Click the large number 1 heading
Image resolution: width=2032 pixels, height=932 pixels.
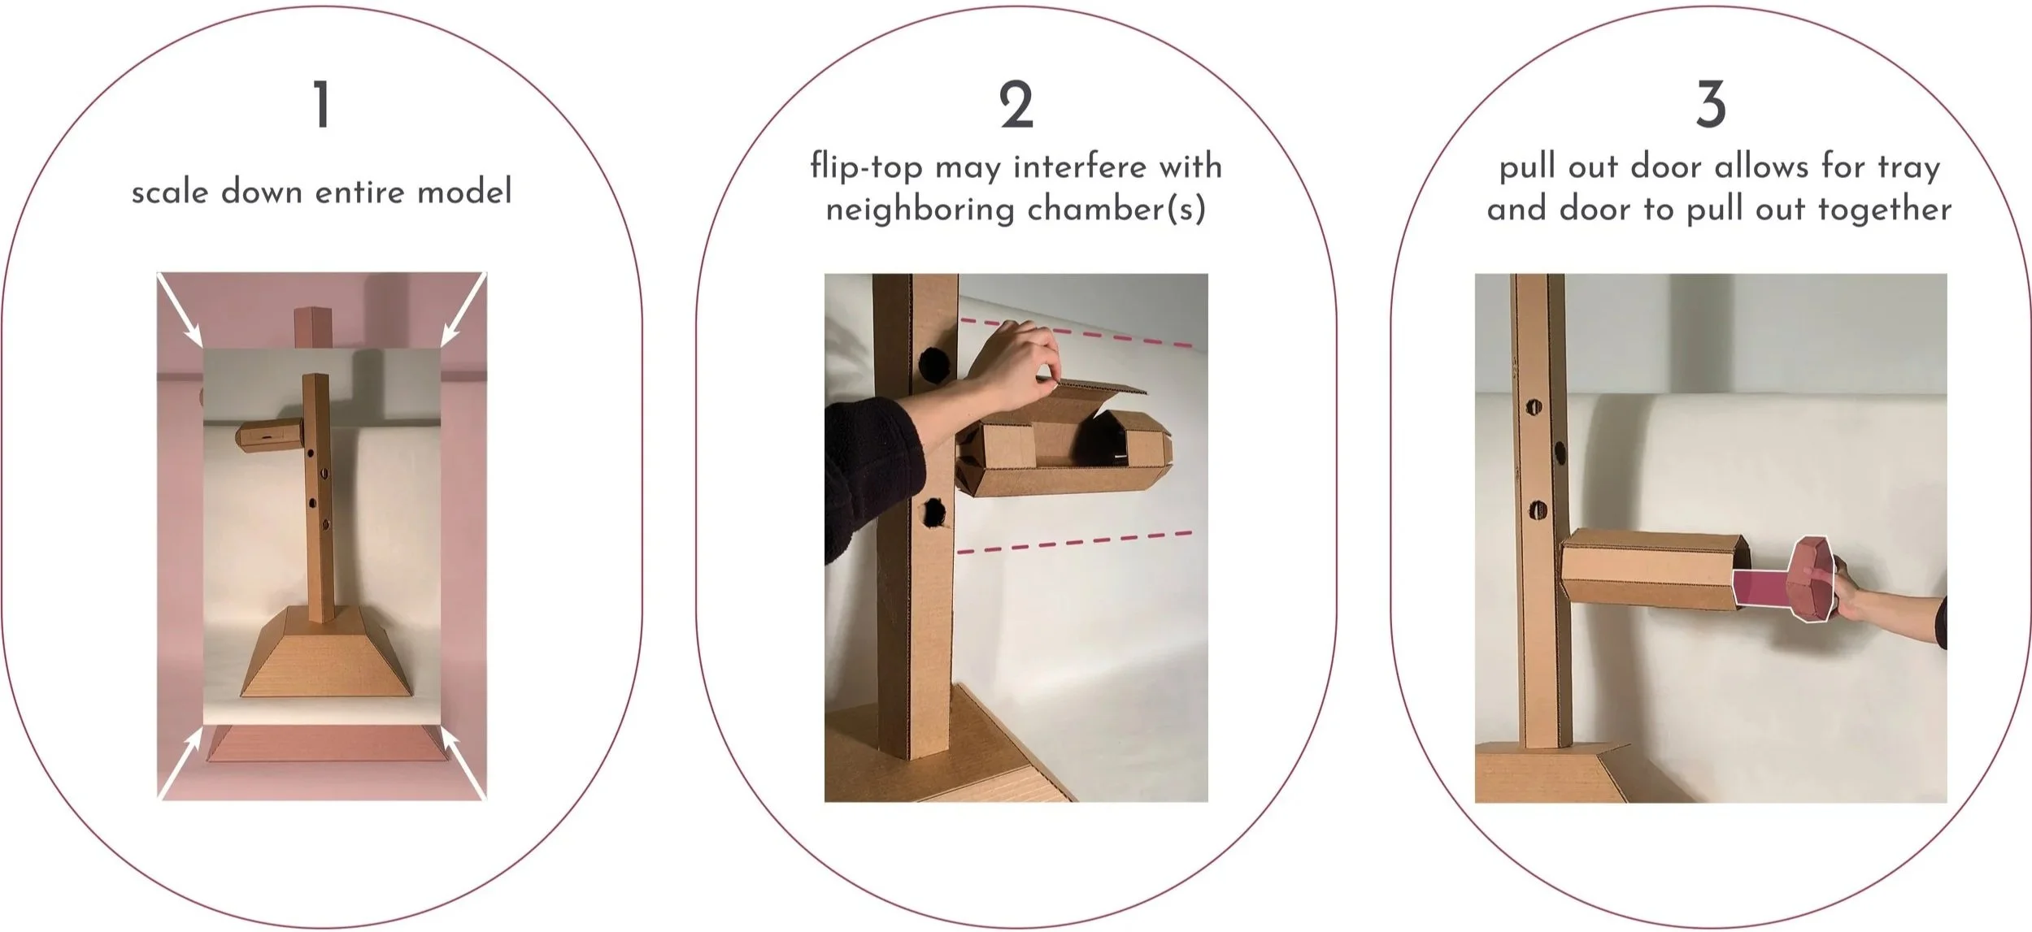click(323, 105)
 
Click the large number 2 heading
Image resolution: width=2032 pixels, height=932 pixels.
click(1016, 105)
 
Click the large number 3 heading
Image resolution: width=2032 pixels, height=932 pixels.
click(1712, 105)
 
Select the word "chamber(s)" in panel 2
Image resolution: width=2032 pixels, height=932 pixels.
click(1116, 210)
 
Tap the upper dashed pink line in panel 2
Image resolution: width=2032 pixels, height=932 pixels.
click(1077, 333)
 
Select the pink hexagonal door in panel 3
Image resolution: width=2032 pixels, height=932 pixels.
click(1812, 578)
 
